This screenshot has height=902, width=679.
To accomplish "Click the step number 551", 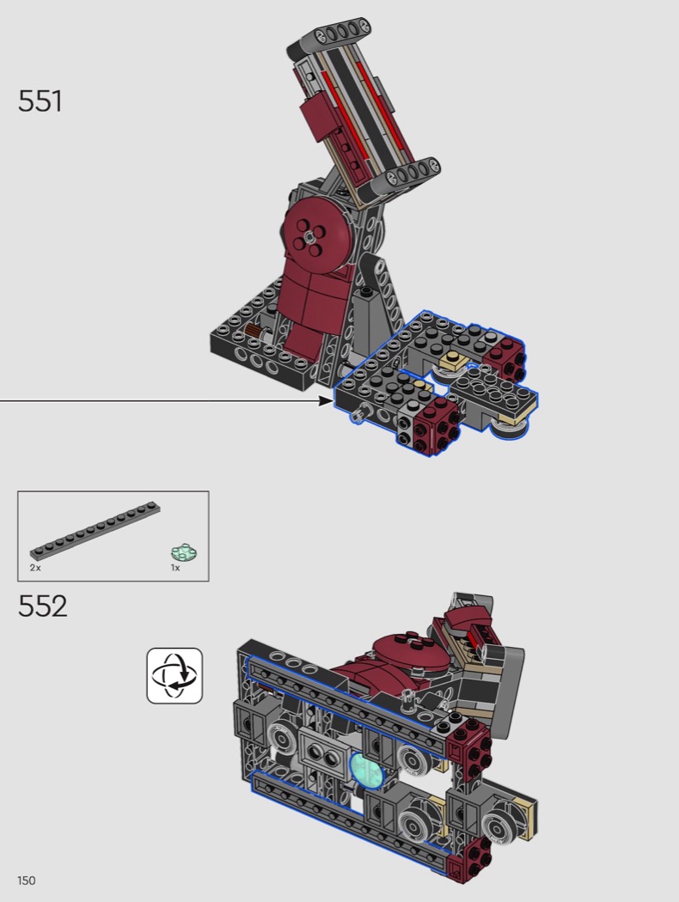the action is coord(40,101).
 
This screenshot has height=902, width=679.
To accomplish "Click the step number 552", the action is coord(42,606).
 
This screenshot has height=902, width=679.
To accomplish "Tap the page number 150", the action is coord(27,881).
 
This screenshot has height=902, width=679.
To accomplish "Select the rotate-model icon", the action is coord(174,675).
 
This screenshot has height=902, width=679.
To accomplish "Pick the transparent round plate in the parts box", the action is coord(184,553).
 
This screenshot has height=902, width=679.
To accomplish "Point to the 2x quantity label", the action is coord(35,568).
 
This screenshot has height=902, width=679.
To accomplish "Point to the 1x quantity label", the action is coord(175,568).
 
